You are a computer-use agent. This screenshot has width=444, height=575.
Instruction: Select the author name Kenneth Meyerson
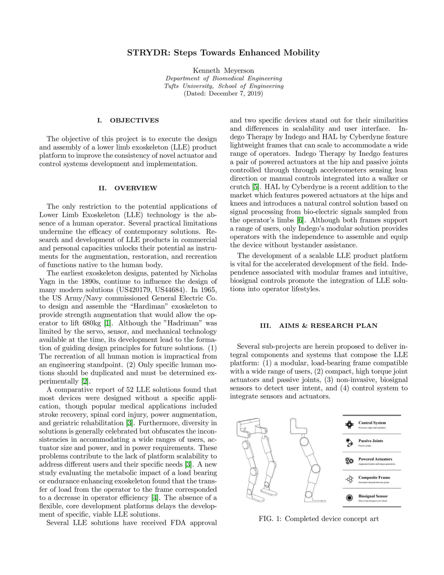[223, 71]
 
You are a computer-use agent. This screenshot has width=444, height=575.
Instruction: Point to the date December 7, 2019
[234, 93]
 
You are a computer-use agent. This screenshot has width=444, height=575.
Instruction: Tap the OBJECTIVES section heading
[134, 121]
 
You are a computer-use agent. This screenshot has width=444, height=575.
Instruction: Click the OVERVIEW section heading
[136, 188]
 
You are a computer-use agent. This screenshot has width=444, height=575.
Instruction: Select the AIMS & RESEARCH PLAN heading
[328, 325]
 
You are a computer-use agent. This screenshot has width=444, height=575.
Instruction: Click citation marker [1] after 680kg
[107, 323]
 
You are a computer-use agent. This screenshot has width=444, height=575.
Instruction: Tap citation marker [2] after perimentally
[85, 381]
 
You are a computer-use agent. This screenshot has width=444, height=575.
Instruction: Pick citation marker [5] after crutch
[255, 187]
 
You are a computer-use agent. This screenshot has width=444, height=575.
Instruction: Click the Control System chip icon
[349, 425]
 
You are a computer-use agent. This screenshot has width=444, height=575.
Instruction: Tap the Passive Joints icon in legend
[349, 443]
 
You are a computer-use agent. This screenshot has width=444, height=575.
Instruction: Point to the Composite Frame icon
[349, 480]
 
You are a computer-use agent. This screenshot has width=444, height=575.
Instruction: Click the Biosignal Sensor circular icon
[349, 498]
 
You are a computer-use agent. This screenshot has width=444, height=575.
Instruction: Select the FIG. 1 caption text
[319, 519]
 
